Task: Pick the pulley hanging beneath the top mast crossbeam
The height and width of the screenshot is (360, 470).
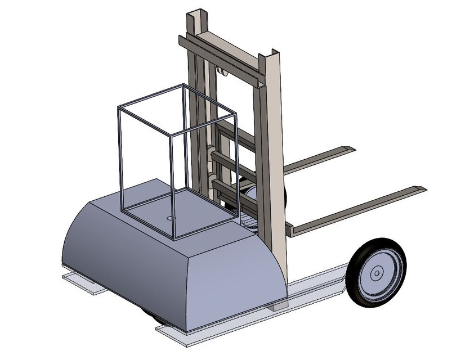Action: [221, 71]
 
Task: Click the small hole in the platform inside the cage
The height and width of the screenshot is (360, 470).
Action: [171, 217]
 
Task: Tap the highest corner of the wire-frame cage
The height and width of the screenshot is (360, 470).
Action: [183, 85]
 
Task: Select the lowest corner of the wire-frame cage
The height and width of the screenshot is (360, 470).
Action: [174, 238]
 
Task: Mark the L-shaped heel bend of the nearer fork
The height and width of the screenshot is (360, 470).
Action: [290, 229]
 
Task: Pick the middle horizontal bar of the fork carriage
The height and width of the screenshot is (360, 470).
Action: [234, 163]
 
